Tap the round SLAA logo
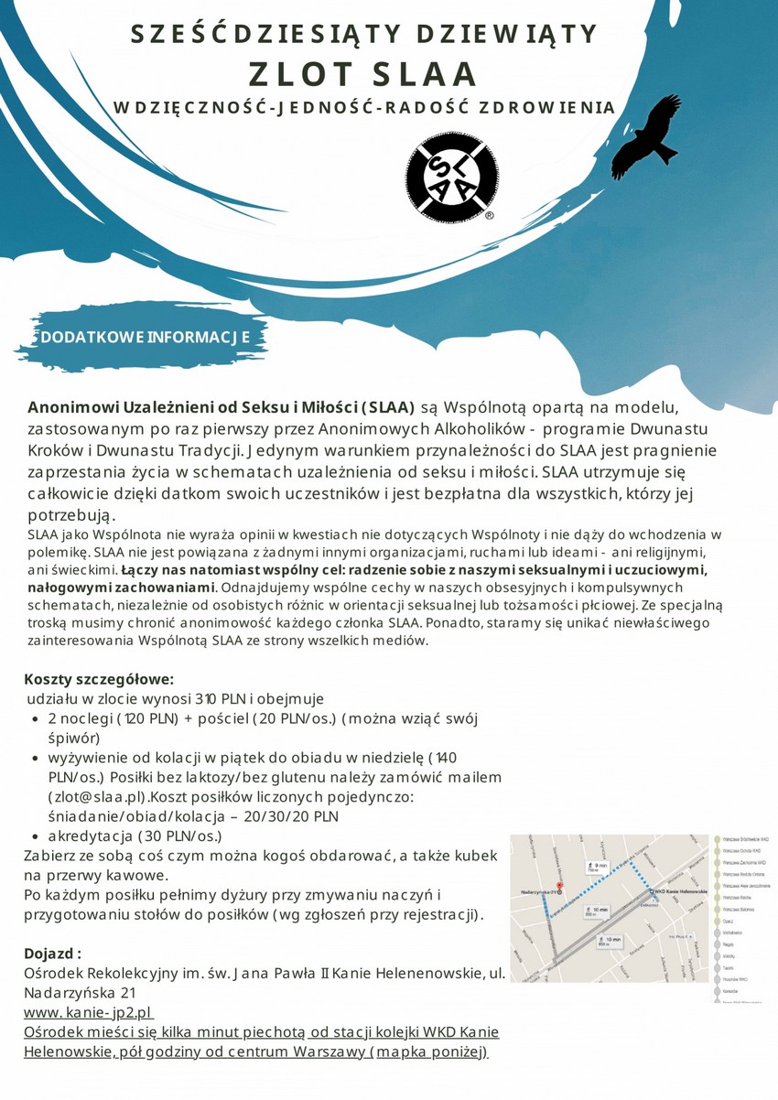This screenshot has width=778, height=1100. pos(452,177)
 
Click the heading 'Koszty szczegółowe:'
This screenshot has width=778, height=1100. pos(99,679)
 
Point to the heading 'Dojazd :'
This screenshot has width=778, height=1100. pos(53,953)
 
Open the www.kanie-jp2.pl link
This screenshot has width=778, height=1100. pos(88,1013)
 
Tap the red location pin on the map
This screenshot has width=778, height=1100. pos(560,889)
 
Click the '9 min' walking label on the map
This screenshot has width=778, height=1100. pos(600,866)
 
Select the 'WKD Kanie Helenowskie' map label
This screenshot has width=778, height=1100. pos(683,891)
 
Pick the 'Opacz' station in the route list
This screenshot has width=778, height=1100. pos(729,922)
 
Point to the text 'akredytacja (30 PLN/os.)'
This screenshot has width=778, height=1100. pos(135,836)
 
